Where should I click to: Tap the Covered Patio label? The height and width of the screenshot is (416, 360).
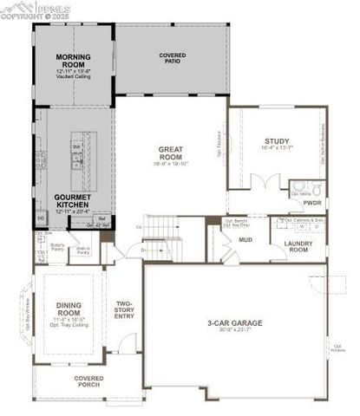(x=172, y=58)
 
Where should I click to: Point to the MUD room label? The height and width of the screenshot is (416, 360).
(x=245, y=239)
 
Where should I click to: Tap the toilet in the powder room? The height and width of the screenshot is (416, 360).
(x=316, y=188)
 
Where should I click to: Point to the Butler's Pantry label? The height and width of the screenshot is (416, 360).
(x=58, y=249)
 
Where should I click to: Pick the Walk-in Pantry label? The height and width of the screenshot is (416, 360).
(x=84, y=251)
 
